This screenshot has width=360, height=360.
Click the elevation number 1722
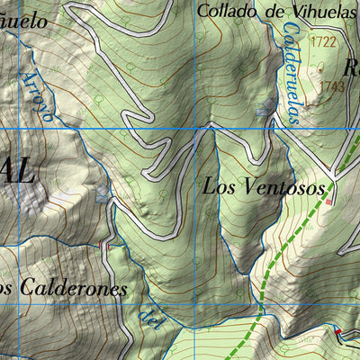point(321,42)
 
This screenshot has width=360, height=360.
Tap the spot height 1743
point(332,86)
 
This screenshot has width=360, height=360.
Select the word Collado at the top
point(220,11)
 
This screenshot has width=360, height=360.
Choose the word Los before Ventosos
point(218,187)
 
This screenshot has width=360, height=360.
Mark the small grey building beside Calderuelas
point(262,111)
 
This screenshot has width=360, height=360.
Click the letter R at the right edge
point(351,67)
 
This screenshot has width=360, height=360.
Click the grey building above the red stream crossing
point(103,193)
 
